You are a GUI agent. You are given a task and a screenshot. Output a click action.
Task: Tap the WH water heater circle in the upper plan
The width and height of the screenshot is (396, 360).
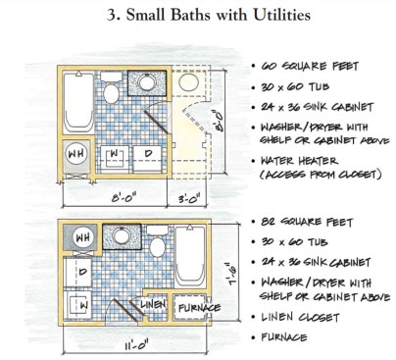click(76, 153)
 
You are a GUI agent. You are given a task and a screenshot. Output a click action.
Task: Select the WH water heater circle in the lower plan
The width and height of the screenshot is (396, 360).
click(83, 237)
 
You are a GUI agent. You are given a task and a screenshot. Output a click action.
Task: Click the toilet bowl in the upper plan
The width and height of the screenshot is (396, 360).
click(111, 93)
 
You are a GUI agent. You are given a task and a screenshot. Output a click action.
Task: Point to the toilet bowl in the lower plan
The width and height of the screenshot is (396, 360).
click(158, 247)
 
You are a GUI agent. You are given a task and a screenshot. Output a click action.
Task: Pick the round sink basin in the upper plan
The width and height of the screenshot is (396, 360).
click(147, 81)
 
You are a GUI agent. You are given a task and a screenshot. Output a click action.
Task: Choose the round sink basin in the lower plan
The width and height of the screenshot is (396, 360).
click(121, 235)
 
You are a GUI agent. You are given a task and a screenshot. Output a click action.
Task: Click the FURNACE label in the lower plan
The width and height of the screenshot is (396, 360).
click(199, 308)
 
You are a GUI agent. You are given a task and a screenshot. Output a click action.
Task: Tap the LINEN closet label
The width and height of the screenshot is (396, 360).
click(153, 304)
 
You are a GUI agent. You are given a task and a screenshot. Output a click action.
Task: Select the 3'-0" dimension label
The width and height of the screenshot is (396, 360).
click(187, 198)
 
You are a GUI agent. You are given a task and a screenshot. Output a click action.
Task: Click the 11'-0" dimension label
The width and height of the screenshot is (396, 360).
click(136, 345)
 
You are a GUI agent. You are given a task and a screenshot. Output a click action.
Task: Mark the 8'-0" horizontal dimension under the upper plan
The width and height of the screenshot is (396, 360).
click(124, 198)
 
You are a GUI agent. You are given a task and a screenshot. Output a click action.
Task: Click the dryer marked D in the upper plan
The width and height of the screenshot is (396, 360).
click(147, 159)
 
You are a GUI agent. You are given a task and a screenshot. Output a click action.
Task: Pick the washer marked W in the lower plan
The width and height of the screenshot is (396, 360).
click(77, 306)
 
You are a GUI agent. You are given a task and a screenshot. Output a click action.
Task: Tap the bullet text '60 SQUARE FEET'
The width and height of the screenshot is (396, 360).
click(309, 66)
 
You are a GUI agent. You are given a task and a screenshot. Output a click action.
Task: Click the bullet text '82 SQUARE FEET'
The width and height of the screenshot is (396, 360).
click(307, 222)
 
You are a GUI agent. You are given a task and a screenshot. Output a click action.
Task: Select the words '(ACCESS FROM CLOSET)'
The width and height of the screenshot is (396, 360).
click(321, 175)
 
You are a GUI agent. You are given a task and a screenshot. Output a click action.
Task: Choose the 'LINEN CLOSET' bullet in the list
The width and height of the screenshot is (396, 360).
click(300, 317)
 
